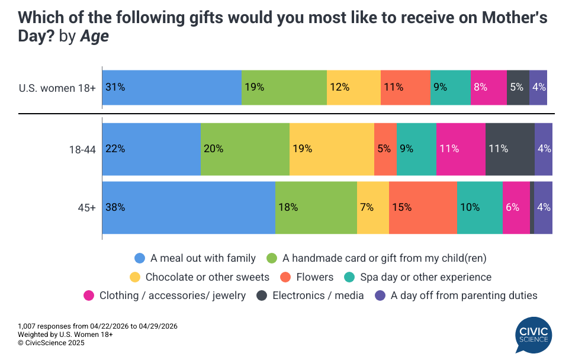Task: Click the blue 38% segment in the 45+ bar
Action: pyautogui.click(x=188, y=208)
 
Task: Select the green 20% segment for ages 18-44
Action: pyautogui.click(x=245, y=149)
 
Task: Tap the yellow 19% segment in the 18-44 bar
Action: pyautogui.click(x=332, y=149)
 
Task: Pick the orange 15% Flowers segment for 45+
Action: pyautogui.click(x=422, y=208)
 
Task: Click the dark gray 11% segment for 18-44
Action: pyautogui.click(x=509, y=149)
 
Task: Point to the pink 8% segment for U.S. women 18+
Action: pyautogui.click(x=489, y=88)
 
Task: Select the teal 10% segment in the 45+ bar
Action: pyautogui.click(x=479, y=208)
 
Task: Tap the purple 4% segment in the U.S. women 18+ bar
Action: pyautogui.click(x=538, y=88)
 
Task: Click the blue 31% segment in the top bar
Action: pyautogui.click(x=172, y=88)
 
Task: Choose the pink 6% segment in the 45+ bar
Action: pyautogui.click(x=516, y=208)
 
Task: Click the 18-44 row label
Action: pyautogui.click(x=82, y=150)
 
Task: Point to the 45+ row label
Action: pyautogui.click(x=86, y=208)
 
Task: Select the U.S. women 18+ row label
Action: pyautogui.click(x=58, y=88)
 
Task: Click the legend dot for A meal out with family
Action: pyautogui.click(x=140, y=258)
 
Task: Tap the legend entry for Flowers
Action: pyautogui.click(x=314, y=277)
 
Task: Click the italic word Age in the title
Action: pyautogui.click(x=94, y=37)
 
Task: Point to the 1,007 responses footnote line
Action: pyautogui.click(x=98, y=326)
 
